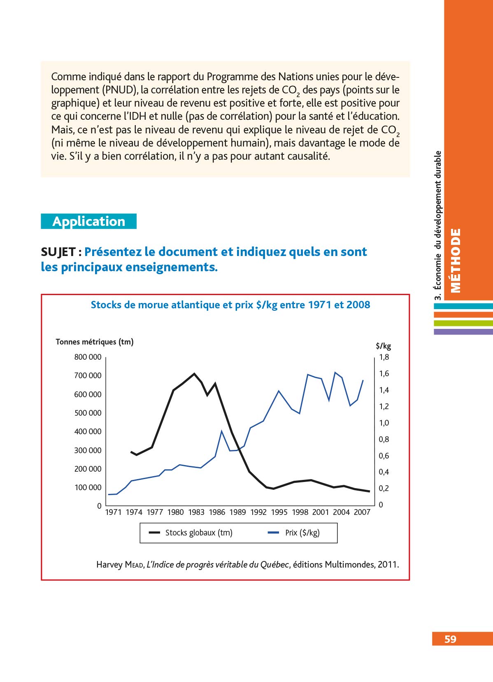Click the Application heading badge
pos(88,221)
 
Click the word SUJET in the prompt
pos(58,252)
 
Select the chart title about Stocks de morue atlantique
pos(230,305)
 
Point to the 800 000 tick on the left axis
pos(88,357)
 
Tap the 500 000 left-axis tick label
pos(88,413)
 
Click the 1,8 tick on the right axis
pos(384,357)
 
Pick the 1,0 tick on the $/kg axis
pos(384,423)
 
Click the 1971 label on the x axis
pos(113,512)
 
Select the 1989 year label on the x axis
pos(237,512)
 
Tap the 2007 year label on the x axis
pos(362,512)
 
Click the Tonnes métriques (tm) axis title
pos(95,342)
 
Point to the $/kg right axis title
pos(384,346)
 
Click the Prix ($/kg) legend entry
pos(302,533)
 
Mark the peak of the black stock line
pos(194,374)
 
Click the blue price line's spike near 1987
pos(222,431)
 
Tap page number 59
pos(450,639)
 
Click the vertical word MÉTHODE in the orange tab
pos(456,260)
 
